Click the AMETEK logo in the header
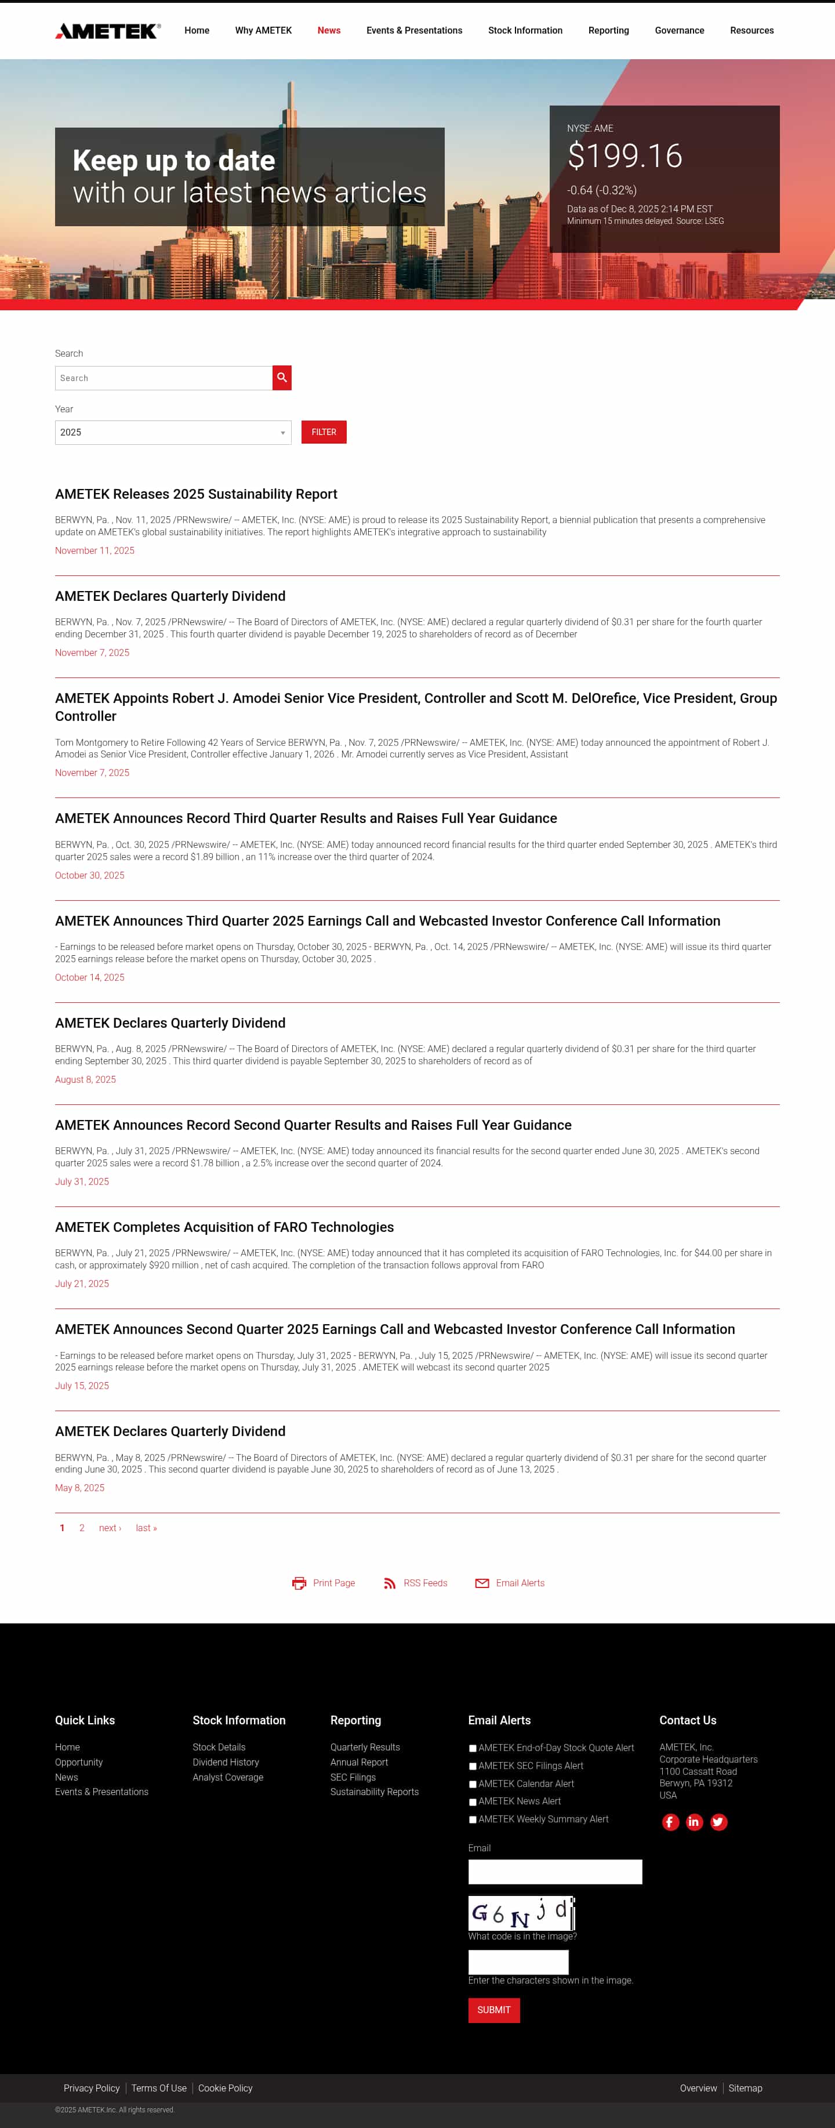[107, 31]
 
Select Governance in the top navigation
[679, 31]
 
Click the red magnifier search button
[282, 378]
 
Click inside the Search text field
[164, 378]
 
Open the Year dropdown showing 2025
[173, 433]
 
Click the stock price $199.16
[625, 156]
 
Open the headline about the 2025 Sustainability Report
[196, 494]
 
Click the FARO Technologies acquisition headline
[224, 1227]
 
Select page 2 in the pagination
[82, 1528]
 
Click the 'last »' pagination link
[146, 1528]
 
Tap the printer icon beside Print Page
[299, 1583]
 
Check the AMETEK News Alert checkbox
[473, 1801]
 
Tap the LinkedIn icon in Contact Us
[694, 1822]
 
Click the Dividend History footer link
[226, 1762]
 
